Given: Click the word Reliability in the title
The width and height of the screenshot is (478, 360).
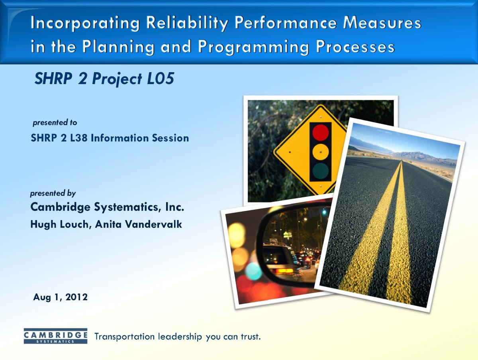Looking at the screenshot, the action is [187, 23].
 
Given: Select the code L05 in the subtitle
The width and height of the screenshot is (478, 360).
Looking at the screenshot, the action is [161, 79].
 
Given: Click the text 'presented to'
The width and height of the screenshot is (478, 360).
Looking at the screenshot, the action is [55, 122].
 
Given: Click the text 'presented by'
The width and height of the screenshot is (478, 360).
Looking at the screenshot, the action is [53, 193].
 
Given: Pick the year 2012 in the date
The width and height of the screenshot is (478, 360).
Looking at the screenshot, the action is [76, 297].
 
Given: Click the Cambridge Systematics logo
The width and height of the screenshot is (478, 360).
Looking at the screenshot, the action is [55, 336].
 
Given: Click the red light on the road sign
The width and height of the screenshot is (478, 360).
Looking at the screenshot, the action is [321, 133].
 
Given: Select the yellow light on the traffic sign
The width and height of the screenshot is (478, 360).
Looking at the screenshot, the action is [321, 152].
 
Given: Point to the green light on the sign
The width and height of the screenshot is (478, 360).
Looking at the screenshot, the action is [321, 171].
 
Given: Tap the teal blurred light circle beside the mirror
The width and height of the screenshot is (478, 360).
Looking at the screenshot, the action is [253, 271].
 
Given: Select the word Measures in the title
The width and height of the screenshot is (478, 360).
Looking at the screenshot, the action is [382, 23].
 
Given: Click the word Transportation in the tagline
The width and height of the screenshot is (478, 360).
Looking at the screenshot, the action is [124, 337].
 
